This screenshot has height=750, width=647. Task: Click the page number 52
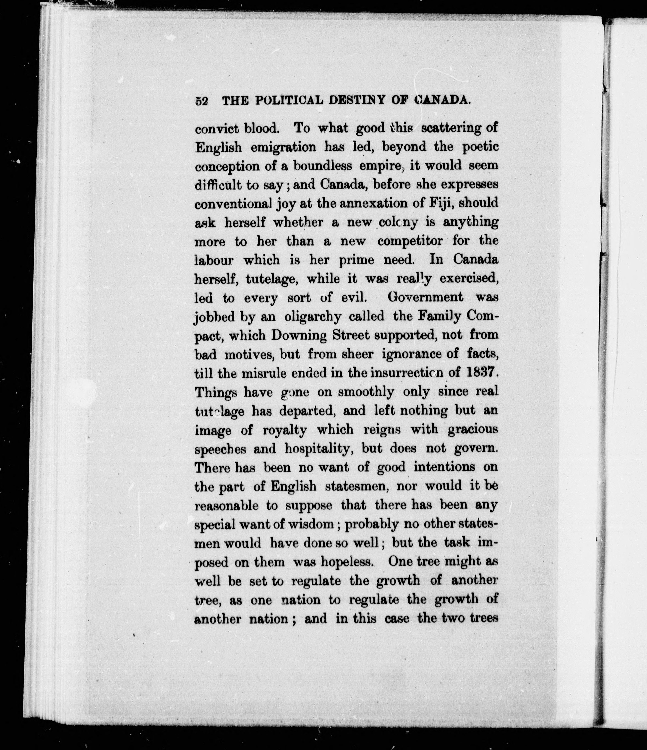click(x=201, y=101)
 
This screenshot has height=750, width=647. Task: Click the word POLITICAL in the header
click(x=289, y=100)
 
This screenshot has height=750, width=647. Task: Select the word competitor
click(x=410, y=241)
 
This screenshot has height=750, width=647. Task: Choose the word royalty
click(x=284, y=430)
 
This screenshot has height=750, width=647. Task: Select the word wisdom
click(x=313, y=524)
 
